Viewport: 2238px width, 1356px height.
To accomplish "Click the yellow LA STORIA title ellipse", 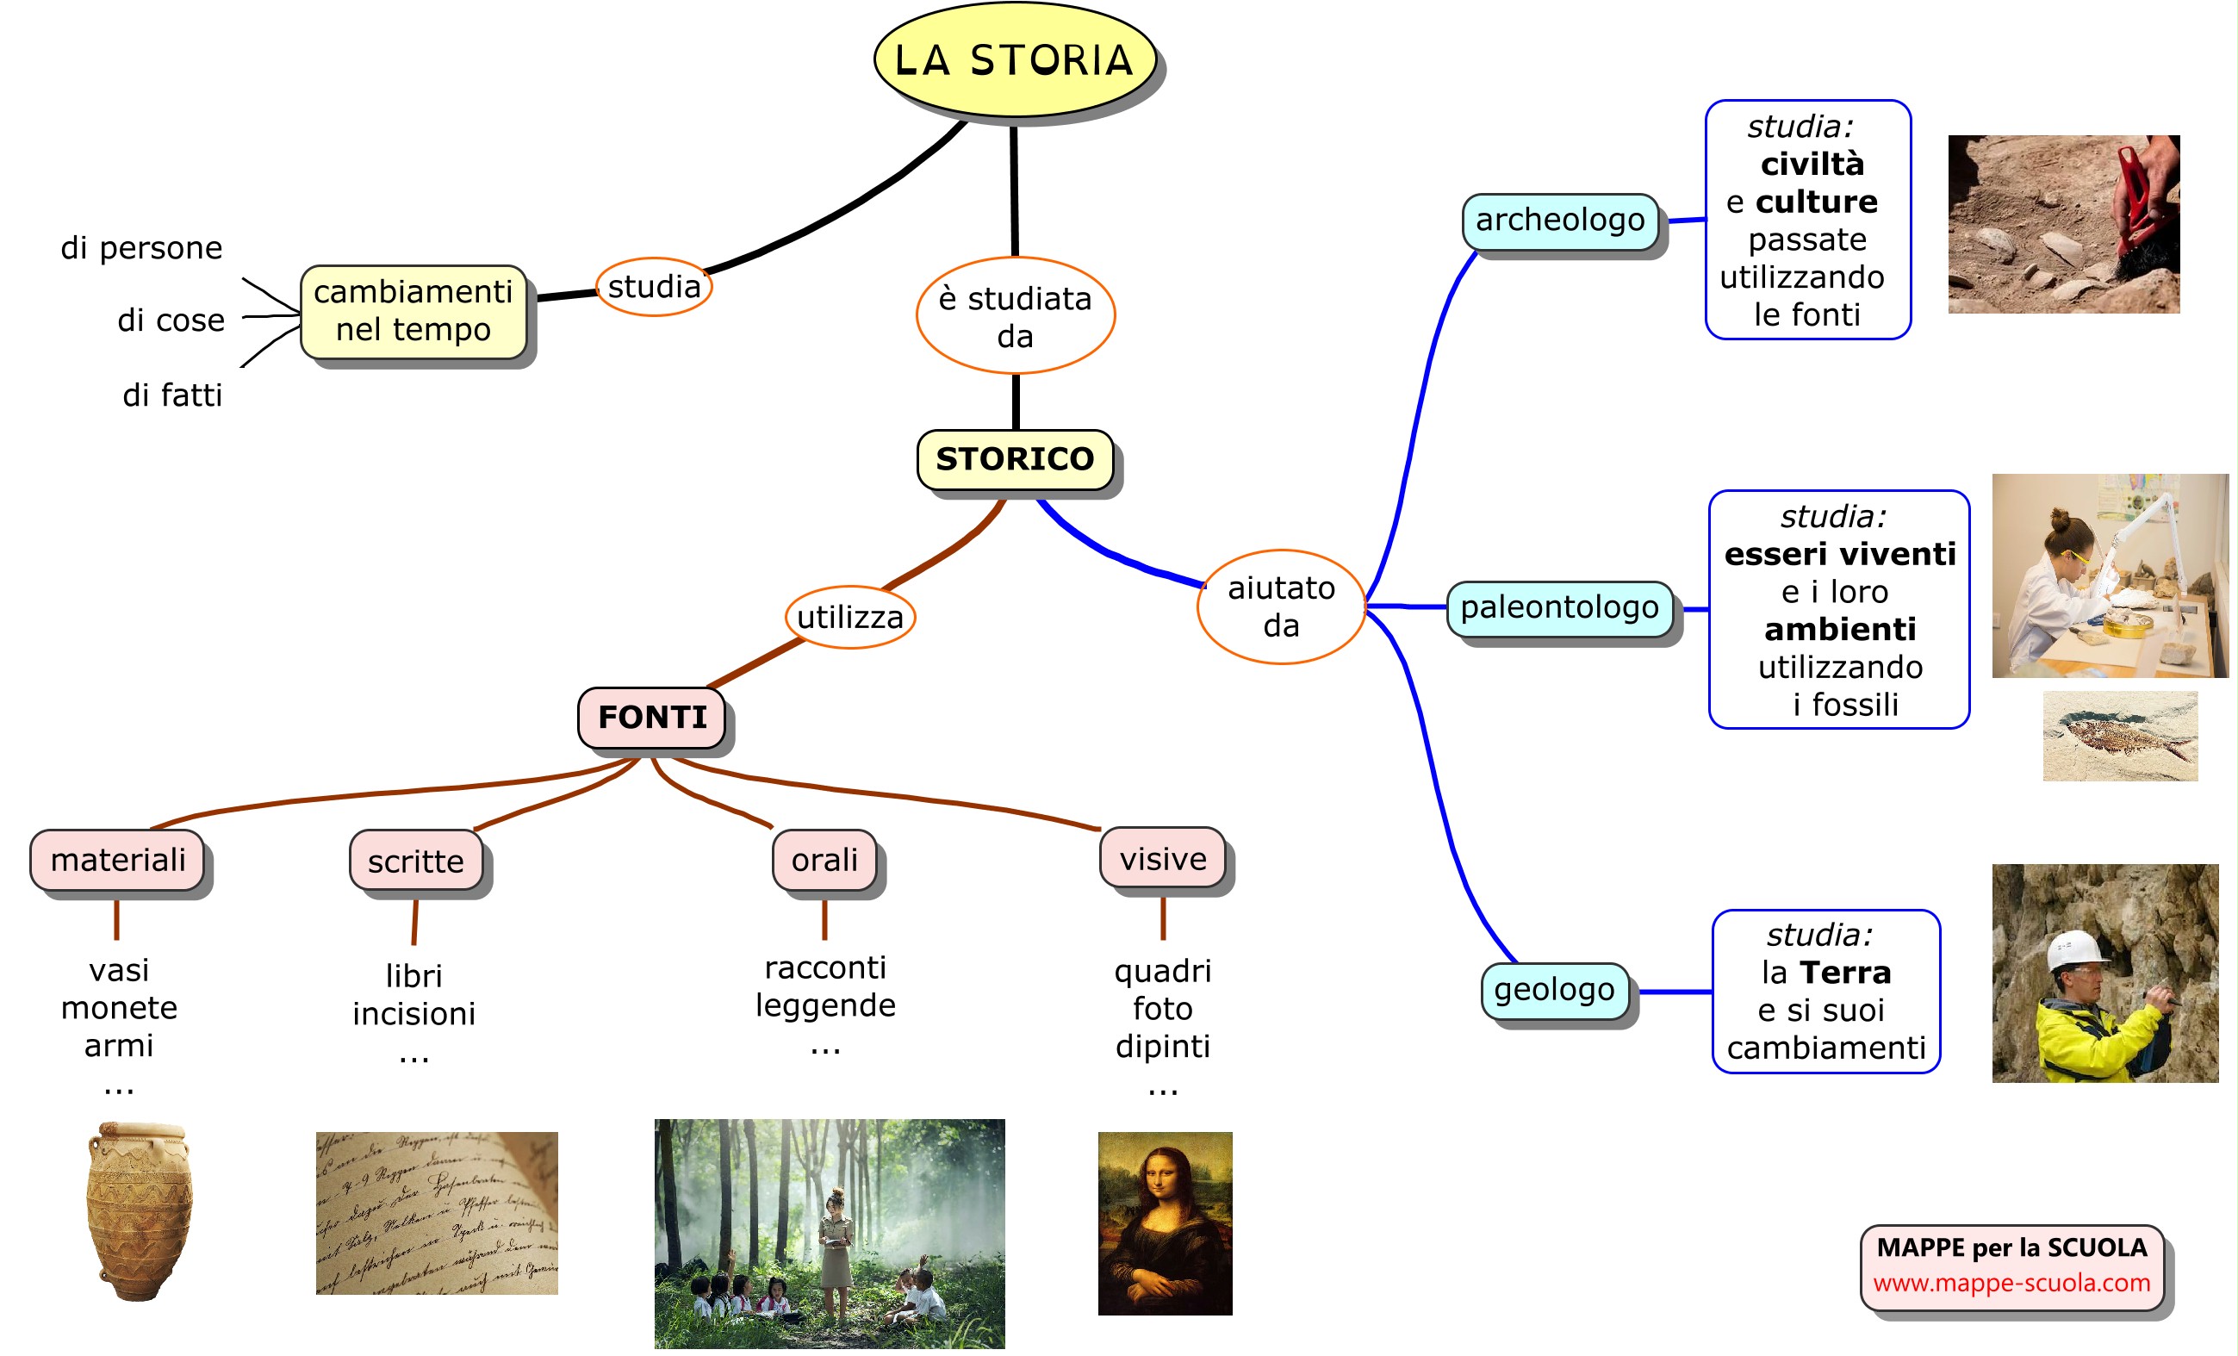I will click(1015, 60).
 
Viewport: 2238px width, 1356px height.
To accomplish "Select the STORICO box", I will click(1015, 458).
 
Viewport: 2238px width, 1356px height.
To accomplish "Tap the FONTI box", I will click(651, 717).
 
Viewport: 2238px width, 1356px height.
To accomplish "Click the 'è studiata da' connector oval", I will click(1015, 316).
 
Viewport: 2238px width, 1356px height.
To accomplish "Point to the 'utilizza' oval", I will click(849, 617).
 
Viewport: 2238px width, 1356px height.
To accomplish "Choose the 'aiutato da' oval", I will click(1281, 606).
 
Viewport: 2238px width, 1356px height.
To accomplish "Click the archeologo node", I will click(1559, 220).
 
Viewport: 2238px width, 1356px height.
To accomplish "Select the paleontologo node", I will click(1558, 606).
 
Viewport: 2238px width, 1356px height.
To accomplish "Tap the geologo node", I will click(1554, 989).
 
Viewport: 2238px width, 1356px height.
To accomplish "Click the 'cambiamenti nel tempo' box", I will click(413, 311).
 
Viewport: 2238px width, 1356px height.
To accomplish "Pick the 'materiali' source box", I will click(117, 859).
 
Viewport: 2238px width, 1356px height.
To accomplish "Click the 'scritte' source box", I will click(416, 860).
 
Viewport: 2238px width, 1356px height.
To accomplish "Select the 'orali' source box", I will click(824, 859).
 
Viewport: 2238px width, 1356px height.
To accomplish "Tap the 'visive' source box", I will click(1163, 858).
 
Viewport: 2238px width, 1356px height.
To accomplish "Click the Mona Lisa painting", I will click(1165, 1222).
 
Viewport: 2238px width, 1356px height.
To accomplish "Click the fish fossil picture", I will click(2120, 736).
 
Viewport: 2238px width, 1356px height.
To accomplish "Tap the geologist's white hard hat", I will click(2074, 950).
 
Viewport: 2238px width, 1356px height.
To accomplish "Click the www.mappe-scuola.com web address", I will click(2011, 1283).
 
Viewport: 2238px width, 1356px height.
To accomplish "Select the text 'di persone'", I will click(141, 248).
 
